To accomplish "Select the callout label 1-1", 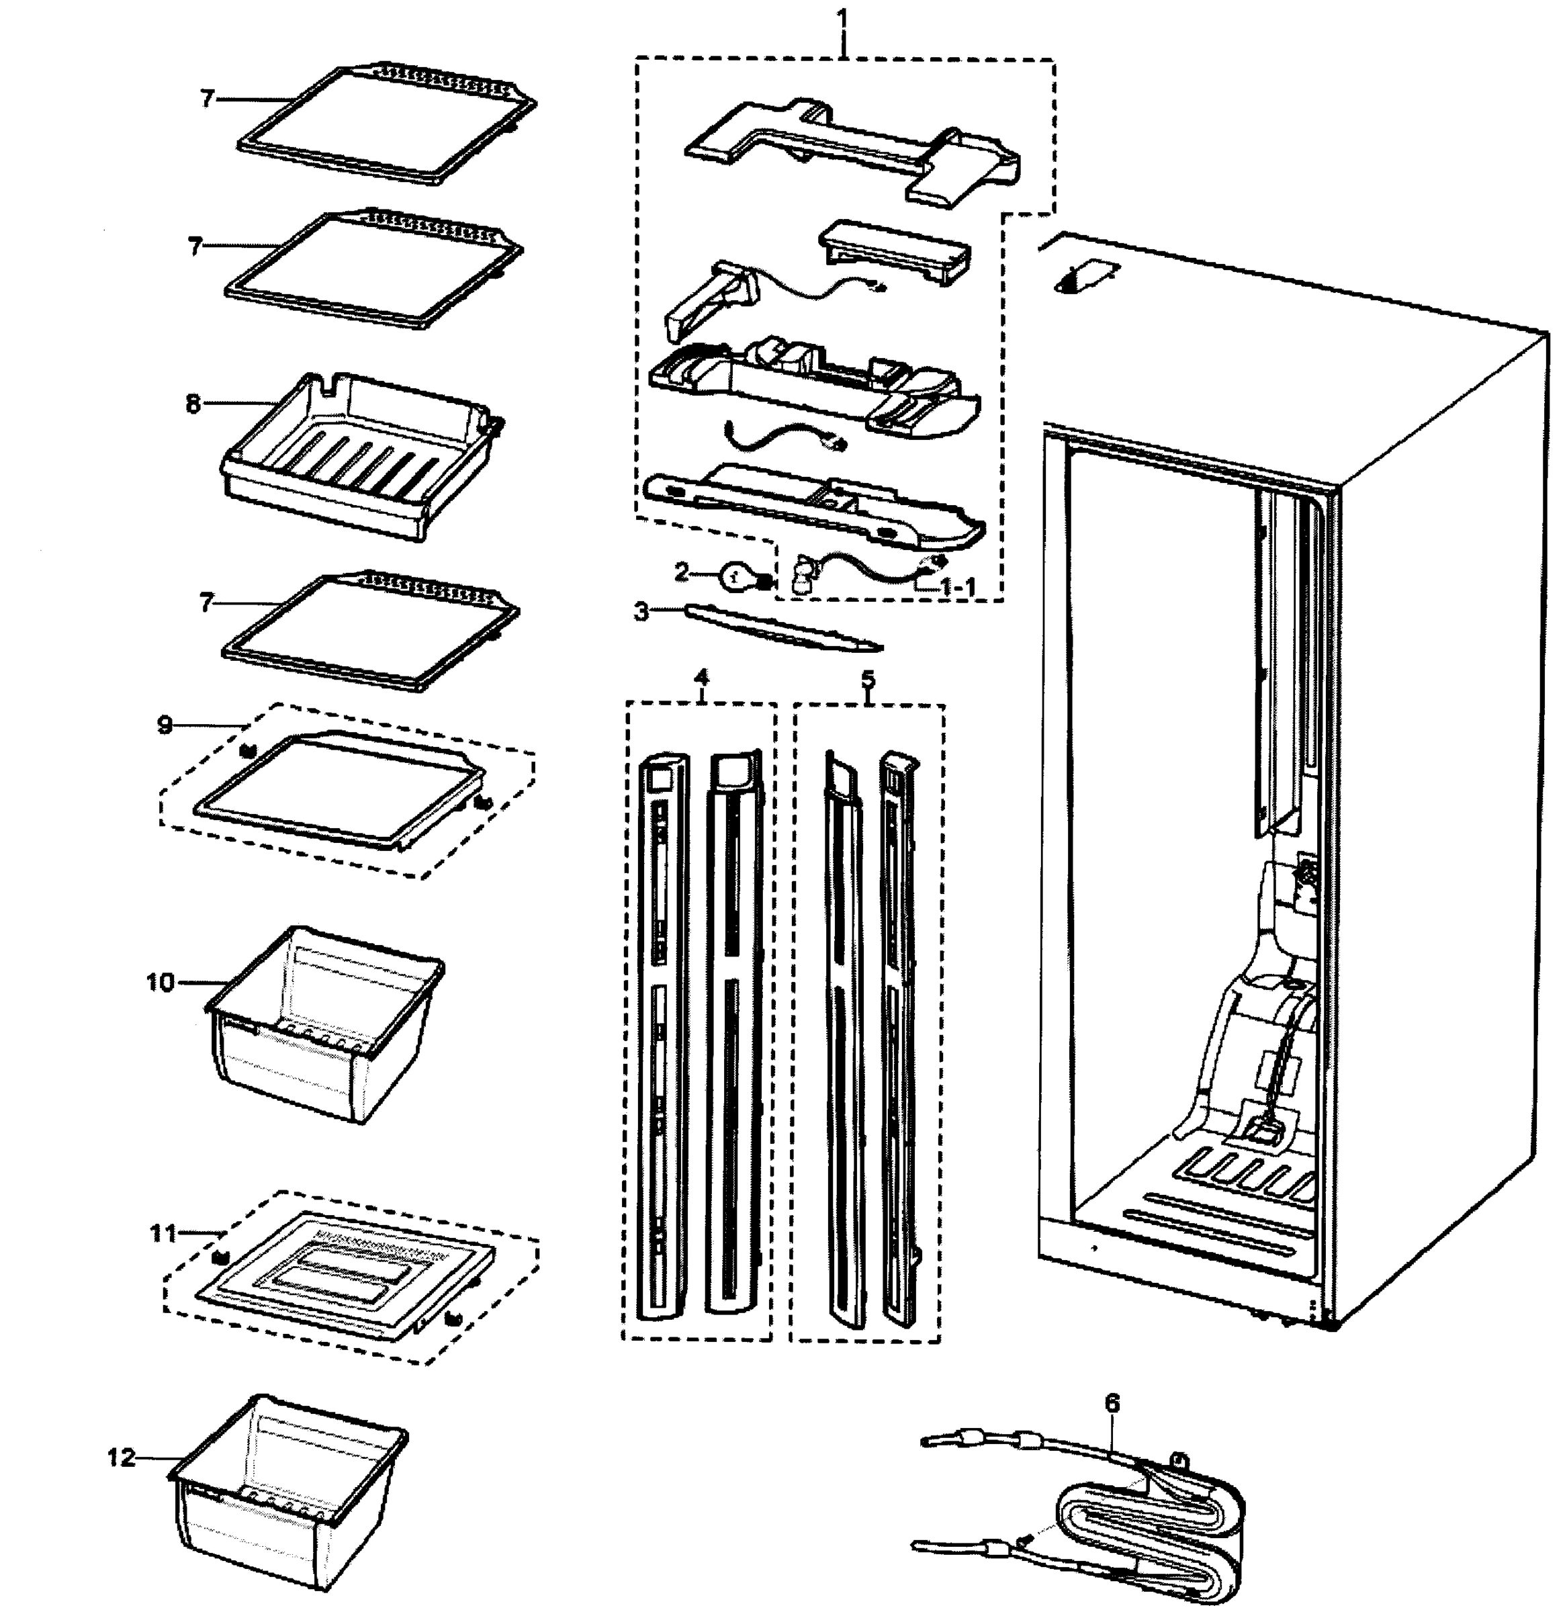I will tap(958, 587).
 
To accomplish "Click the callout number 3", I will tap(641, 611).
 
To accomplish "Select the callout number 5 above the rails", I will tap(868, 680).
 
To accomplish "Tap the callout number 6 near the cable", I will tap(1112, 1403).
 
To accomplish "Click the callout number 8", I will tap(193, 404).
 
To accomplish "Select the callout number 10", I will tap(161, 982).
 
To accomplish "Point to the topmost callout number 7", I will tap(207, 99).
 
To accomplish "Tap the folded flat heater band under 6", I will tap(1152, 1522).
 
